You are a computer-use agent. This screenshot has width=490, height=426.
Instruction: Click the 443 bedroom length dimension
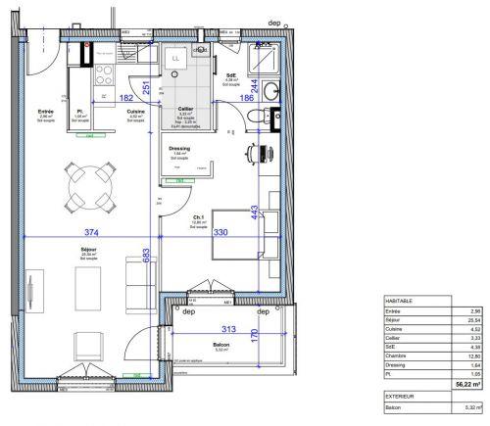pyautogui.click(x=254, y=213)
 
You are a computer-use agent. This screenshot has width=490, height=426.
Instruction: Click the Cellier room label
pyautogui.click(x=185, y=110)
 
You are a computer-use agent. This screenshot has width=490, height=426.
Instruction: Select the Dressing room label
pyautogui.click(x=179, y=148)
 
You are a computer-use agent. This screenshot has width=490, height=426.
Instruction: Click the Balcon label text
pyautogui.click(x=220, y=345)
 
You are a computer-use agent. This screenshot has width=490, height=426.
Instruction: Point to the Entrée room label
pyautogui.click(x=45, y=112)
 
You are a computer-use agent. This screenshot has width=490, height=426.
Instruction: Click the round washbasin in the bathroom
pyautogui.click(x=271, y=92)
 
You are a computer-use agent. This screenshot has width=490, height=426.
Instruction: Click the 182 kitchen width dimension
pyautogui.click(x=127, y=98)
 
